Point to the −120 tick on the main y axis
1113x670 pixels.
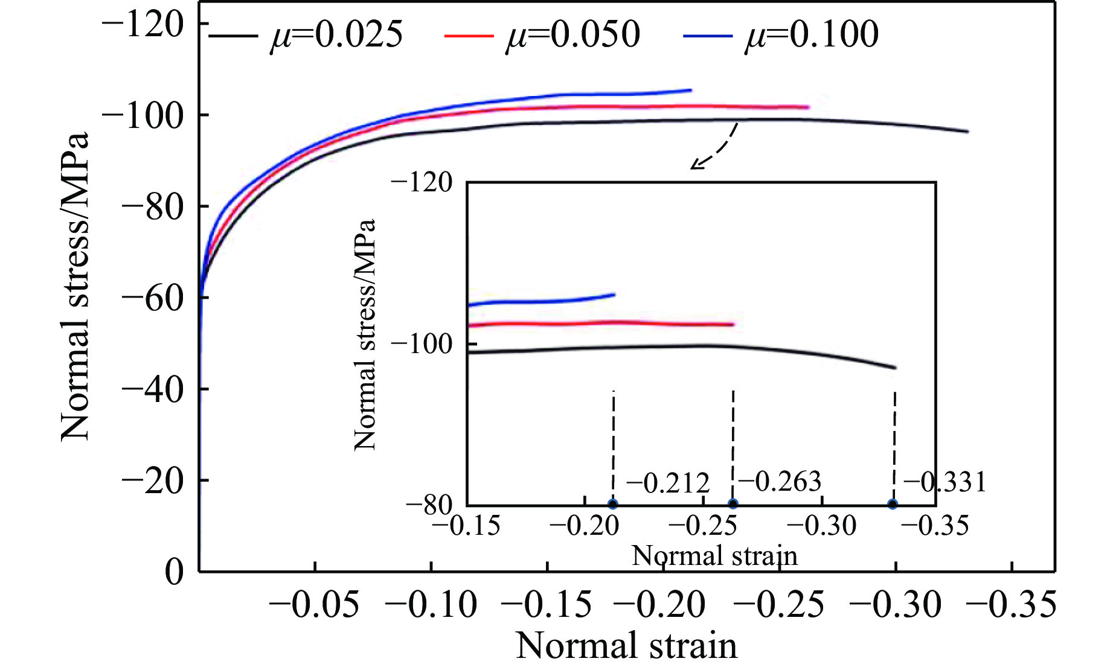[x=144, y=25]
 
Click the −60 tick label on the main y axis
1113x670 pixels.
[x=152, y=298]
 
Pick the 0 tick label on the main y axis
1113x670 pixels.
[x=175, y=571]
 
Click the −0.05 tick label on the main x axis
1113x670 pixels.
[x=315, y=605]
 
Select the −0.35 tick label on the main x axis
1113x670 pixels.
[x=1012, y=605]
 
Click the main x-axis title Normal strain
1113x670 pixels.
[x=626, y=646]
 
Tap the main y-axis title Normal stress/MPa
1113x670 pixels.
[x=75, y=287]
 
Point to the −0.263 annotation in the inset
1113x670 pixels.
[x=780, y=482]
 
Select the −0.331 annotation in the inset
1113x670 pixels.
[x=945, y=482]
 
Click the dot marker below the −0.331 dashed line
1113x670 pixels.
[x=893, y=505]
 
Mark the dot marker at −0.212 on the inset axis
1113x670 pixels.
[x=613, y=505]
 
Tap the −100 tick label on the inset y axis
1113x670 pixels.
[x=422, y=344]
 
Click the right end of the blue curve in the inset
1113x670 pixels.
[x=614, y=295]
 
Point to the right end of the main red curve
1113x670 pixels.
[x=807, y=107]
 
